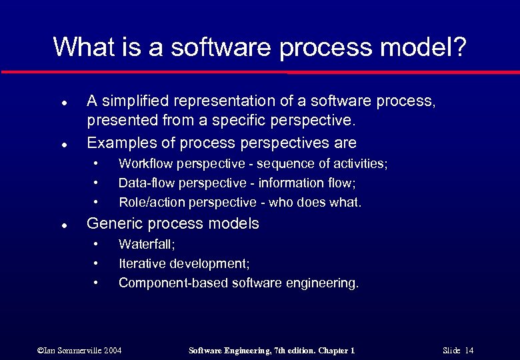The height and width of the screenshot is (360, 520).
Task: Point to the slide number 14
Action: click(469, 351)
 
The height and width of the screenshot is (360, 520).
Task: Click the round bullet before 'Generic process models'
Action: click(61, 225)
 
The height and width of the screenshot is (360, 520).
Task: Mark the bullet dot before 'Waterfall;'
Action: click(97, 244)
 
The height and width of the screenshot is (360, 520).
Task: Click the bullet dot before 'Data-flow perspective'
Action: click(97, 182)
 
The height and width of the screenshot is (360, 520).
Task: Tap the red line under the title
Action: click(260, 71)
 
